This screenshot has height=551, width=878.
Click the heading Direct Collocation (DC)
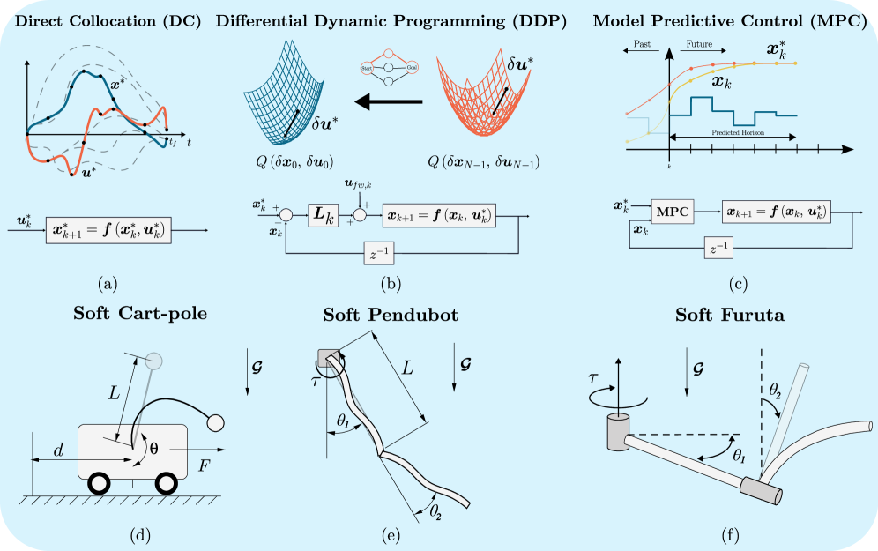pos(106,20)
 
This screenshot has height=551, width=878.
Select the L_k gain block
pos(323,214)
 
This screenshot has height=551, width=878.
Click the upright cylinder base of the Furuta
pos(618,433)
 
